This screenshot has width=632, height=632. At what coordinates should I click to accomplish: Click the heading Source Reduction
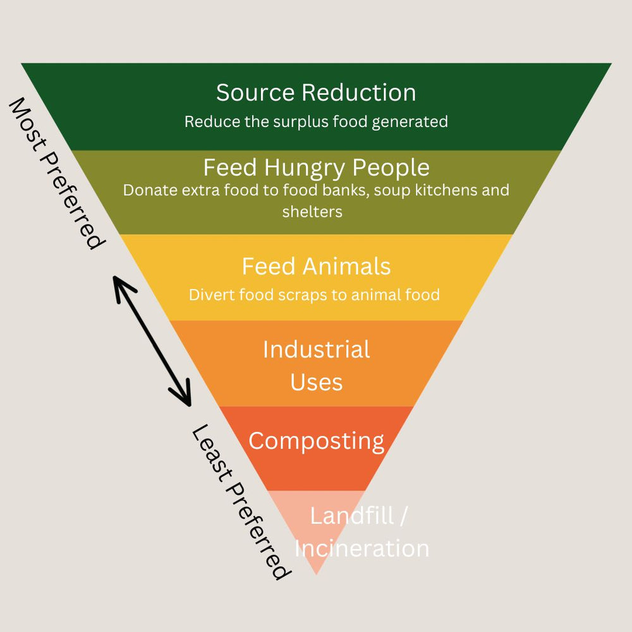tap(316, 93)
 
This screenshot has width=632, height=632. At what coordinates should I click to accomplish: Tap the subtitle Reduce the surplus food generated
tap(316, 121)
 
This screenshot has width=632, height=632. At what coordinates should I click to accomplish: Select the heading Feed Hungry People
tap(316, 168)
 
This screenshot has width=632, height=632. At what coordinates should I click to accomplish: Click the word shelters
tap(312, 212)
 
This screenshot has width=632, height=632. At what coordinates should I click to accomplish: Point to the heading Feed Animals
tap(316, 267)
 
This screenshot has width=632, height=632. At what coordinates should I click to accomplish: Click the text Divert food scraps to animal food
tap(314, 295)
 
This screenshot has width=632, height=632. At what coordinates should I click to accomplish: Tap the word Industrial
tap(316, 349)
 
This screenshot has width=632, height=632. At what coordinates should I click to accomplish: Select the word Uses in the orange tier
tap(316, 382)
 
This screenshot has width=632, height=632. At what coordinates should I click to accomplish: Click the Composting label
tap(316, 441)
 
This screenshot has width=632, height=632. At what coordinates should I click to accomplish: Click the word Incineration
tap(362, 548)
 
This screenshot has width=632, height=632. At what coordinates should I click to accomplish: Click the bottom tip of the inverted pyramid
tap(316, 573)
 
